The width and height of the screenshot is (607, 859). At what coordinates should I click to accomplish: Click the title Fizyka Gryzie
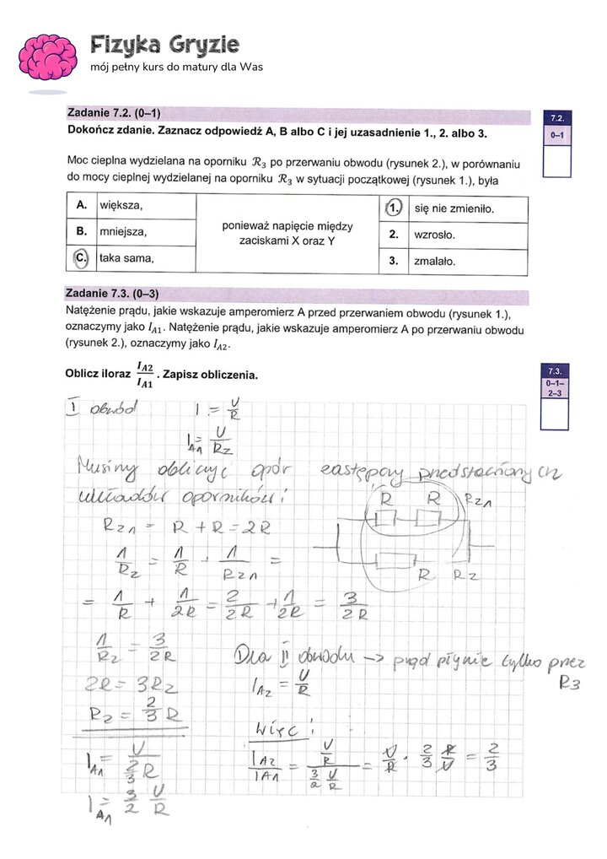pos(164,44)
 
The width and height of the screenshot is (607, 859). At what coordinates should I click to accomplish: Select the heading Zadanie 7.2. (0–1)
pos(113,113)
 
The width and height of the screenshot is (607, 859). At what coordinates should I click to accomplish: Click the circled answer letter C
pos(81,258)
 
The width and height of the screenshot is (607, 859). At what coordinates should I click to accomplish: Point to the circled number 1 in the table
pos(394,207)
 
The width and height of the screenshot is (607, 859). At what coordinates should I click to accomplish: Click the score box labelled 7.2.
pos(557,143)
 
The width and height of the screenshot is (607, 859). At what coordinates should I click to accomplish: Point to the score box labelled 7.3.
pos(556,396)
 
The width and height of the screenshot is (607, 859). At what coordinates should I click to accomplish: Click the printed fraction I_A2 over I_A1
pos(144,375)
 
